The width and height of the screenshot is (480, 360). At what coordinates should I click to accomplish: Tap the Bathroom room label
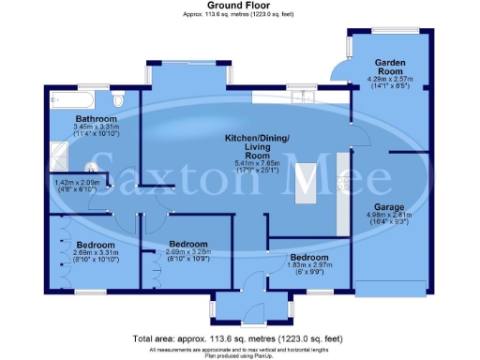click(97, 120)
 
